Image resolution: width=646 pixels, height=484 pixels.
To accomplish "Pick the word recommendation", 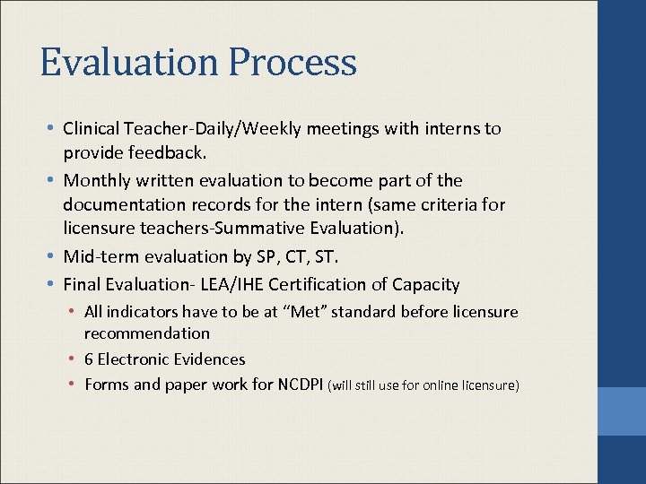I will [147, 333].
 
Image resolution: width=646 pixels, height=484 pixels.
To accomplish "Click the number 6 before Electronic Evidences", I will [89, 359].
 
